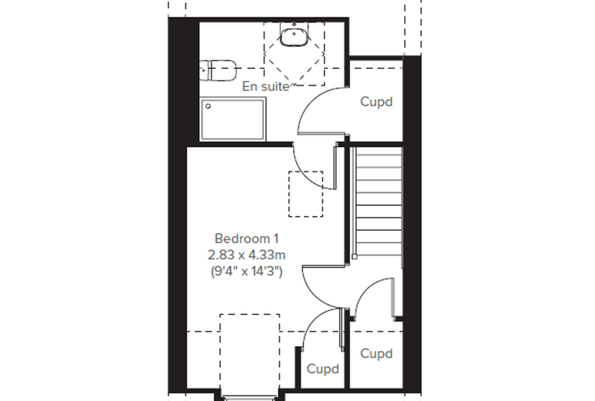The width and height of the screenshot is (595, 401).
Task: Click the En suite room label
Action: point(265,87)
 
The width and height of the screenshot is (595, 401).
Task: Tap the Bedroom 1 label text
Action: point(247,238)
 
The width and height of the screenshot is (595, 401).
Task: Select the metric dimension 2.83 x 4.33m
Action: point(247,255)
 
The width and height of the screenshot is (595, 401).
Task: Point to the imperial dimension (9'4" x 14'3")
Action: point(247,271)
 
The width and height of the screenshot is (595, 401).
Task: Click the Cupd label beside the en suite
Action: point(376,102)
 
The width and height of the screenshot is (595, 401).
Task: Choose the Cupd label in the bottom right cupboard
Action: point(376,353)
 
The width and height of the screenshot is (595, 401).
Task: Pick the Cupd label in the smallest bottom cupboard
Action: point(323,369)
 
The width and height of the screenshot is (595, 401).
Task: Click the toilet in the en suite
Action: point(218,70)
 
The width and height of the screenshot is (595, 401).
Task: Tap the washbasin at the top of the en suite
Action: point(294,34)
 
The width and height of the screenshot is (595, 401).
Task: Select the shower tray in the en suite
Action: point(233,119)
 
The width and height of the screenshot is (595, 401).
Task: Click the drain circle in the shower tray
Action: point(208,107)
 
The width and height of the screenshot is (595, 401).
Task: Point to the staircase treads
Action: point(379,201)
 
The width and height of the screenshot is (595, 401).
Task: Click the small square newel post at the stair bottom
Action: point(354,257)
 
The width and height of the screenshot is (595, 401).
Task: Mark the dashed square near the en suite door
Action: point(306,194)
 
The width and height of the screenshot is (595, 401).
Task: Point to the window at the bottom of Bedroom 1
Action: point(250,399)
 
